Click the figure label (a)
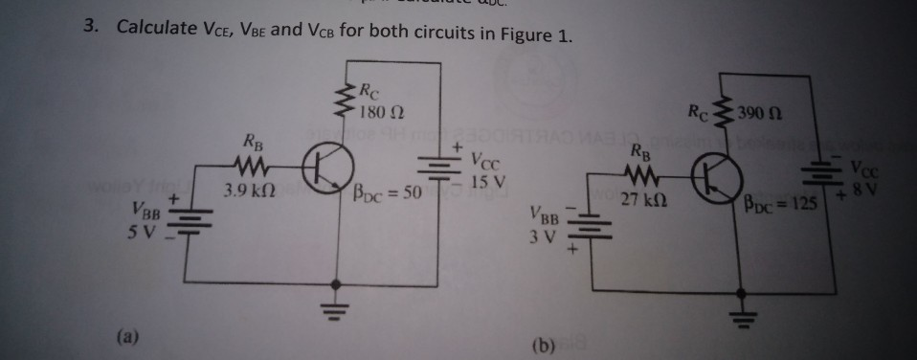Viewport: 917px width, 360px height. pyautogui.click(x=129, y=336)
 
